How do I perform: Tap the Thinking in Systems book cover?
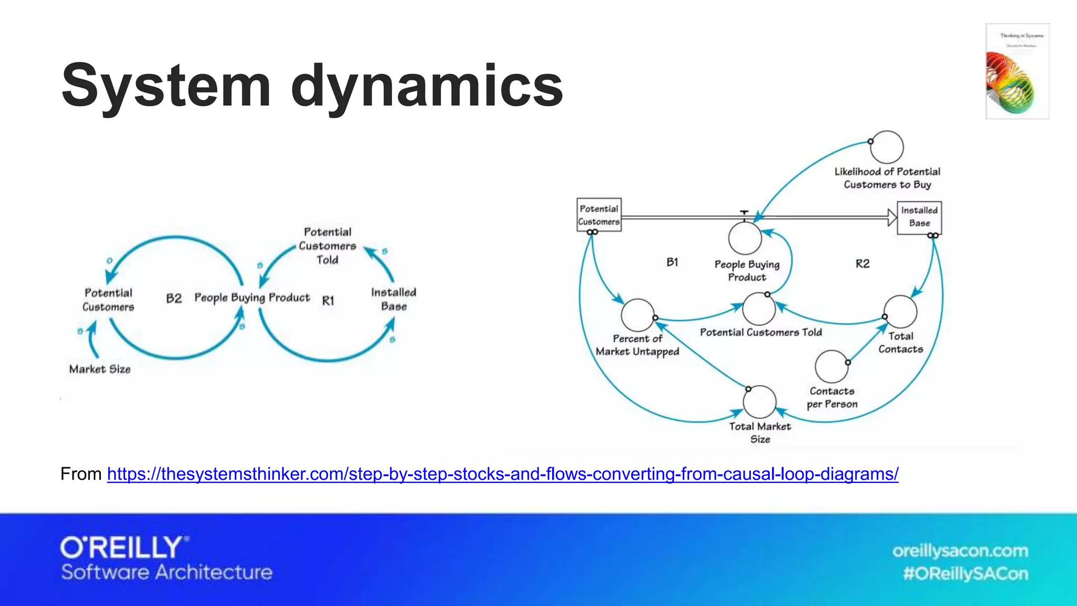pos(1017,71)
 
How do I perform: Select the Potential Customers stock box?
pos(599,215)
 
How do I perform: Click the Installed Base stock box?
pos(919,217)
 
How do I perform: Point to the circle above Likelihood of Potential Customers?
pos(887,147)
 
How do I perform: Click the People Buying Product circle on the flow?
pos(745,238)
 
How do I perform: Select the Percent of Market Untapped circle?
pos(637,315)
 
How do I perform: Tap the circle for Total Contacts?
pos(900,312)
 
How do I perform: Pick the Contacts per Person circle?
pos(831,367)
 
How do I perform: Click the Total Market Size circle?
pos(759,402)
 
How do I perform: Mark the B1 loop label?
pos(672,262)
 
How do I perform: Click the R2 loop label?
pos(862,264)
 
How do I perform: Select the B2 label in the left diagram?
pos(174,298)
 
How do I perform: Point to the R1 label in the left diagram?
pos(328,300)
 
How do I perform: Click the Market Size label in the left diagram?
pos(100,369)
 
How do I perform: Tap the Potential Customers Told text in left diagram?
pos(327,246)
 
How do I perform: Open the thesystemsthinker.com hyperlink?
pos(502,474)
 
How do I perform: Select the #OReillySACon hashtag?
pos(966,573)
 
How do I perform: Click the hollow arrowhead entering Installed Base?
pos(892,217)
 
